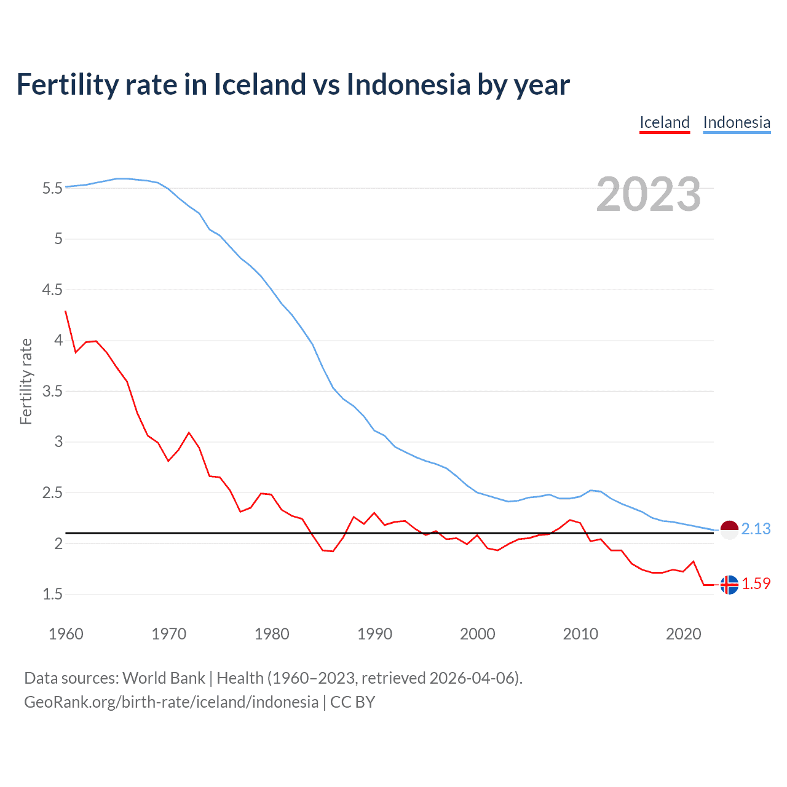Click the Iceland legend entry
coord(664,122)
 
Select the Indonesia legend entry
coord(736,122)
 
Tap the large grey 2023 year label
coord(648,194)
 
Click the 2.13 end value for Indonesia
coord(756,529)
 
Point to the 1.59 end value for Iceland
coord(756,583)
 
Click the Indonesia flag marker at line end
coord(729,529)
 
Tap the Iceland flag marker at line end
coord(729,584)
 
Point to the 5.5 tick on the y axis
coord(52,188)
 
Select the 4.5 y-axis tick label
coord(52,290)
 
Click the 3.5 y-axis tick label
coord(52,391)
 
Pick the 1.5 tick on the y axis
coord(52,594)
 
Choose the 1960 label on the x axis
coord(66,634)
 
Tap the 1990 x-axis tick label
coord(374,634)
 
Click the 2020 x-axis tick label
coord(683,634)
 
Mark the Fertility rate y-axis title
coord(26,381)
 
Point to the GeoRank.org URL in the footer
coord(171,702)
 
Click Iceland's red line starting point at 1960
coord(66,311)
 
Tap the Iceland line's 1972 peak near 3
coord(189,433)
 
